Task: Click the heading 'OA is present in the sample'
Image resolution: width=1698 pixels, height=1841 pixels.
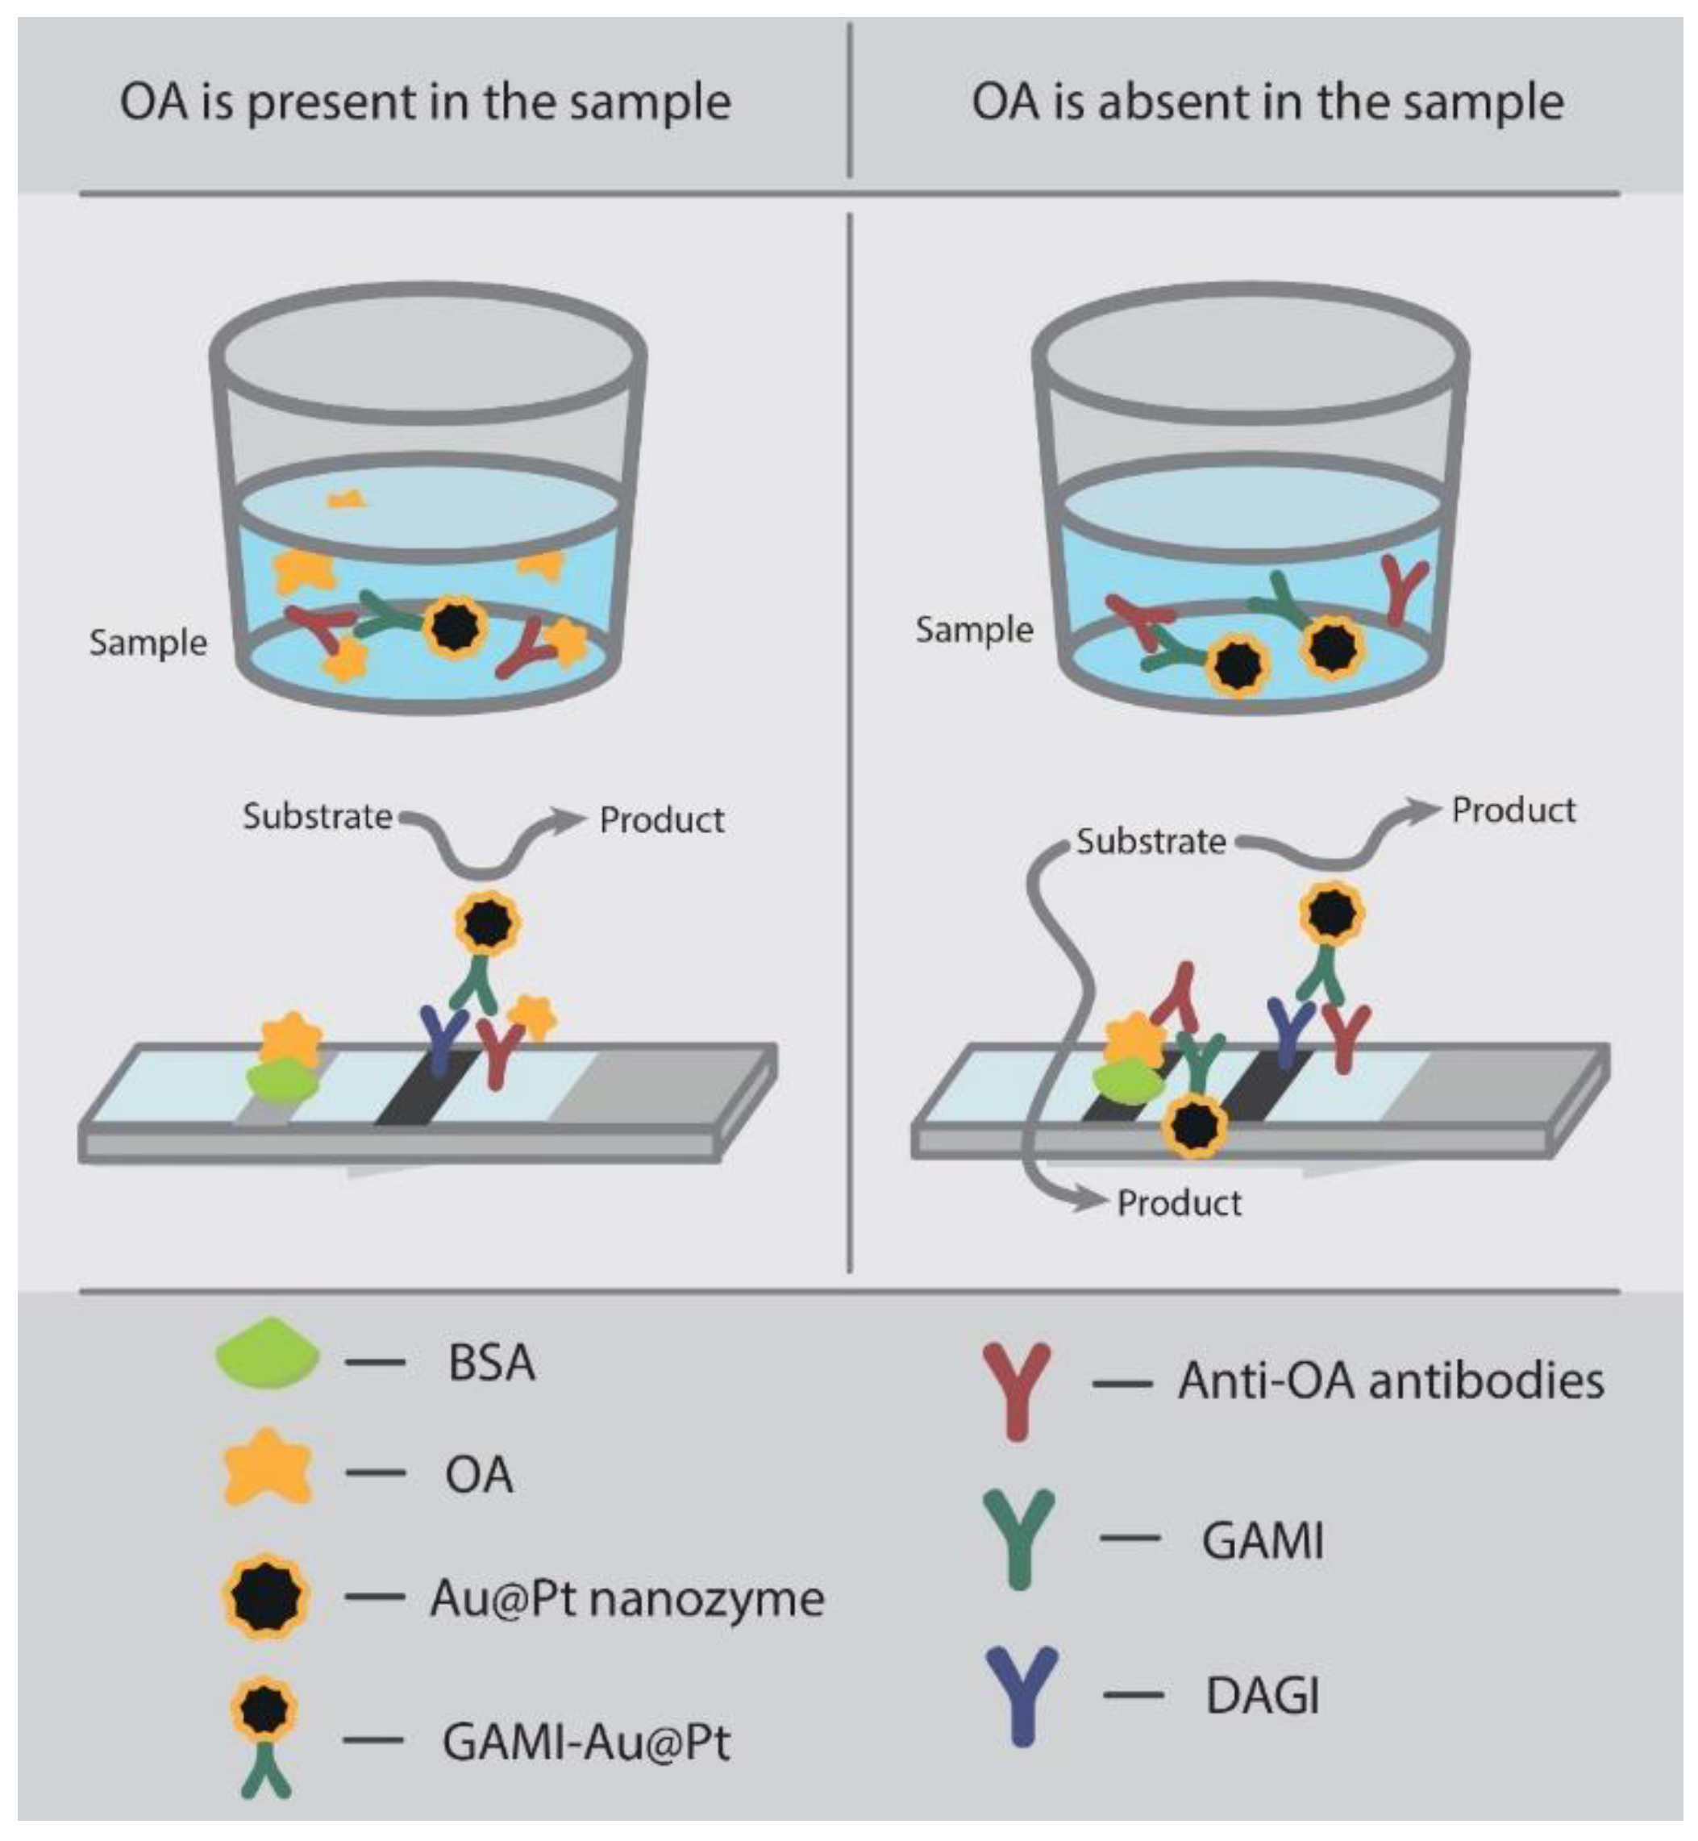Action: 424,101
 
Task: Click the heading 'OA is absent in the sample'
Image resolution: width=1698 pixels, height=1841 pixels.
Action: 1267,101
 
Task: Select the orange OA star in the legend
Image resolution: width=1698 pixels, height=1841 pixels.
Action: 266,1470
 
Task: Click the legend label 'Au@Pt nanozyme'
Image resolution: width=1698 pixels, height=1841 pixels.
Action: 626,1598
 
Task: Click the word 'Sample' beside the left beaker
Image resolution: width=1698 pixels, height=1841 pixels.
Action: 147,643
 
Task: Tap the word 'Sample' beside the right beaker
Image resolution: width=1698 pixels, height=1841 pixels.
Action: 973,630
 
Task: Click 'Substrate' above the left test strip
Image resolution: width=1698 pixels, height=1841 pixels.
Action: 317,816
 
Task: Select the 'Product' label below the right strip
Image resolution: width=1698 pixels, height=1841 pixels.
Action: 1178,1203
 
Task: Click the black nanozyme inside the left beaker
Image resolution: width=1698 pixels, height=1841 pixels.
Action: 454,627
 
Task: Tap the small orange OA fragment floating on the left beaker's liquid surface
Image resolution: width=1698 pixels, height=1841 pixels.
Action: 348,500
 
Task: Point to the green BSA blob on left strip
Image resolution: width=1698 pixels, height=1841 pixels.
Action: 282,1081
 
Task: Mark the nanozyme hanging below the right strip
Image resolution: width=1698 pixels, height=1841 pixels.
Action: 1194,1126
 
